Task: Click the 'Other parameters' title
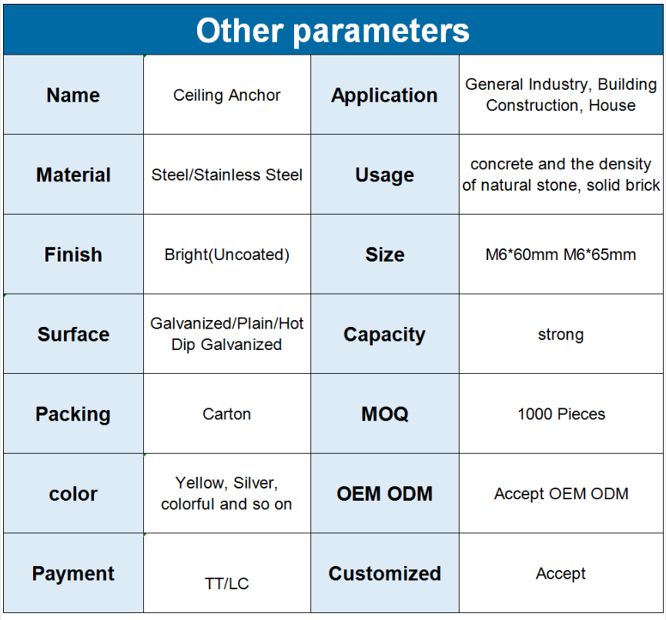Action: tap(333, 32)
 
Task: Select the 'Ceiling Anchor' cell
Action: tap(227, 95)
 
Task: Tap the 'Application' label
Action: tap(384, 95)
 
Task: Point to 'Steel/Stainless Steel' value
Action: tap(227, 175)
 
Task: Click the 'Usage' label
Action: tap(384, 175)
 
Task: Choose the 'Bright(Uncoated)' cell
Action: tap(227, 255)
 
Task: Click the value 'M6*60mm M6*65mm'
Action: tap(561, 255)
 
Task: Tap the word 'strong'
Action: tap(561, 335)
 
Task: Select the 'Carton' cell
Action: tap(227, 414)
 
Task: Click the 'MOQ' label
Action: tap(385, 414)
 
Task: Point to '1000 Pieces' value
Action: tap(561, 414)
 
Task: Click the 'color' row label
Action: tap(73, 495)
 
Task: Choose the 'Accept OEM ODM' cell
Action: tap(561, 494)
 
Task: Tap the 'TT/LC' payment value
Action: tap(227, 584)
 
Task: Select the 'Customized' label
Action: tap(385, 574)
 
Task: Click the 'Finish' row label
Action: tap(73, 255)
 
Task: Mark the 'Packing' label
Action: tap(73, 415)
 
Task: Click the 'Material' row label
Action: tap(73, 175)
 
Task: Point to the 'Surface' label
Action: tap(73, 335)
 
